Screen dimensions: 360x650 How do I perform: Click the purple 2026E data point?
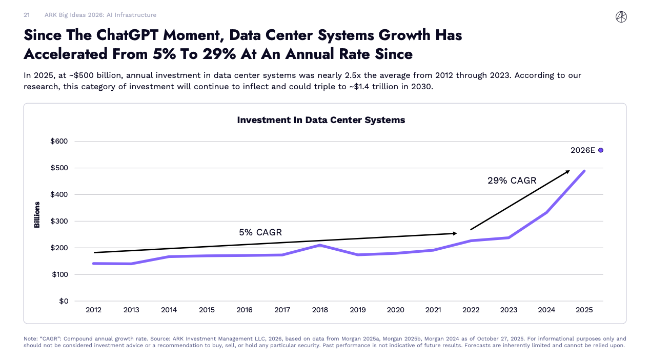[600, 150]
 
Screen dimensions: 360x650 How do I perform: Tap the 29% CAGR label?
[512, 181]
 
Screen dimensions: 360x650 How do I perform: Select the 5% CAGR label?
[260, 232]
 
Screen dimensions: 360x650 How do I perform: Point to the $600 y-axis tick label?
[59, 141]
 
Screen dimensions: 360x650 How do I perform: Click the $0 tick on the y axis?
[63, 301]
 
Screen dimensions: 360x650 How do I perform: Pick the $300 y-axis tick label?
[59, 221]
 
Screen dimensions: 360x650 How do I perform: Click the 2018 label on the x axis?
[320, 310]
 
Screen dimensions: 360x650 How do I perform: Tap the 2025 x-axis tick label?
[584, 310]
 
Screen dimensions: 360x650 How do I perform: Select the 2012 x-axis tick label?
[93, 310]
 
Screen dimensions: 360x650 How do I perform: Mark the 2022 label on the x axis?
[471, 310]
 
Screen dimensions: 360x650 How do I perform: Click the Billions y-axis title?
[37, 215]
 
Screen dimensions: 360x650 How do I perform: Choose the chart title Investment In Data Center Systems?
[321, 120]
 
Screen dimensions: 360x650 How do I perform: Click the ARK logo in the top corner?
[621, 17]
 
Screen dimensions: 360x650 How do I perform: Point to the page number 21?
[27, 15]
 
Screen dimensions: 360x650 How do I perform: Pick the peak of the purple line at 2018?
[320, 245]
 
